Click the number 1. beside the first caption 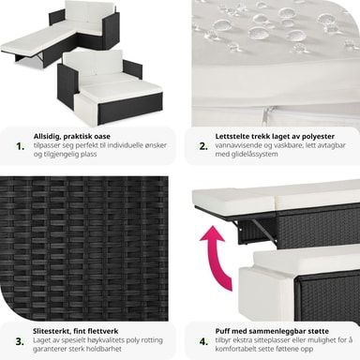tap(21, 146)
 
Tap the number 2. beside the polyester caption tap(203, 146)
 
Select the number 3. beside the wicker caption tap(20, 341)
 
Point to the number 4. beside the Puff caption tap(203, 341)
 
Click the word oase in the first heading tap(102, 137)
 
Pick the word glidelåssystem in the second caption tap(252, 154)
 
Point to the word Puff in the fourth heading tap(222, 331)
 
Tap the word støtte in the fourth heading tap(319, 331)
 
